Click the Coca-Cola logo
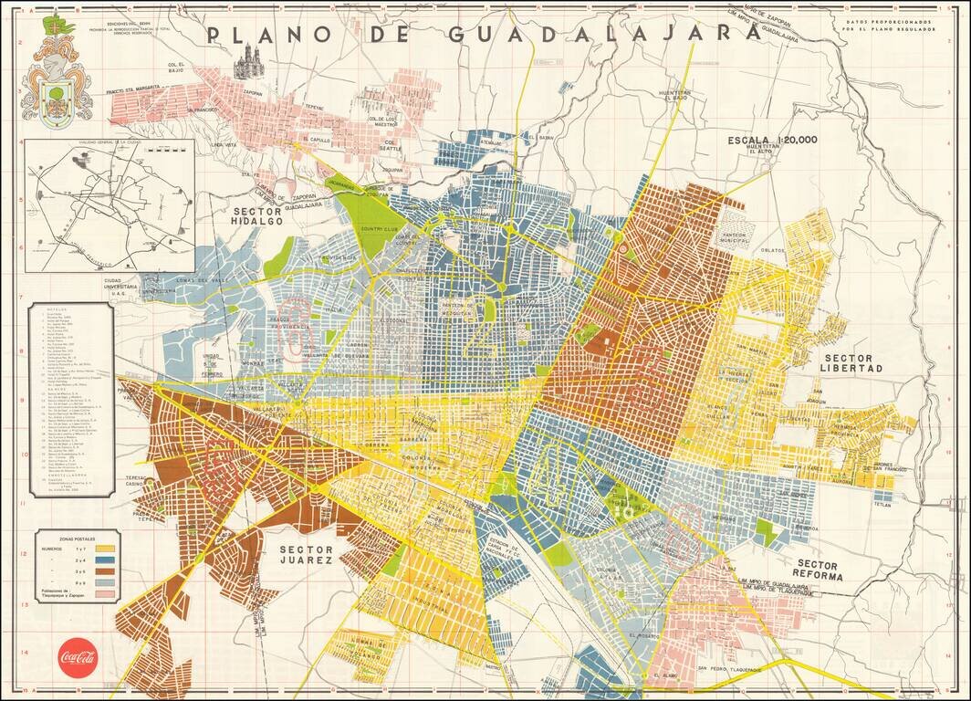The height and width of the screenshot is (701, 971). click(78, 656)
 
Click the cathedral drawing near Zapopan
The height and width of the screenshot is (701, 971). click(246, 62)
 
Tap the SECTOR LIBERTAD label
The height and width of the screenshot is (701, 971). click(853, 362)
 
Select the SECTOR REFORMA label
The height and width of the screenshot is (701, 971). click(819, 570)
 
